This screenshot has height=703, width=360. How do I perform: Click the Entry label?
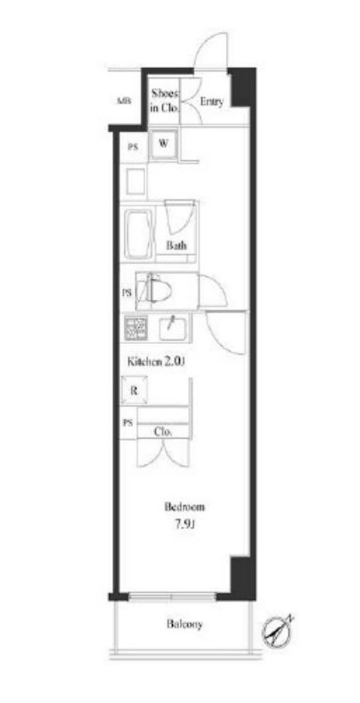pos(211,102)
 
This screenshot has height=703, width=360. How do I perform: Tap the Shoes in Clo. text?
pos(165,100)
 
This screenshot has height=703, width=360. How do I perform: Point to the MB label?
pos(124,101)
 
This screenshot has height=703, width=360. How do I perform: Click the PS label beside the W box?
pos(133,148)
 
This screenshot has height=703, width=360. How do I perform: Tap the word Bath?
pos(176,246)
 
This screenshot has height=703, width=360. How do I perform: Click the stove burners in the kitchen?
pos(136,328)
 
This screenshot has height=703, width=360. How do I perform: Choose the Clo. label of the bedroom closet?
pos(162,431)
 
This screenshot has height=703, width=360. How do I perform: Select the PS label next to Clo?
pos(127,423)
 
